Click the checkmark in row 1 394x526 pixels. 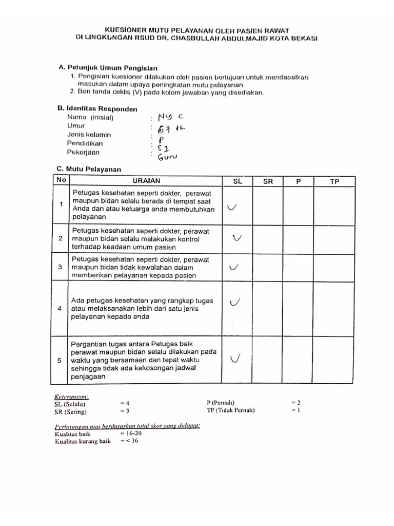(232, 208)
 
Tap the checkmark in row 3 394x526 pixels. (234, 267)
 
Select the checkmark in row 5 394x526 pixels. (236, 359)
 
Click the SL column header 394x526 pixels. (237, 181)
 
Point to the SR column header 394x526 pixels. (268, 181)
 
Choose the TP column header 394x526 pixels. (334, 181)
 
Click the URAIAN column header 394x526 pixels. (146, 181)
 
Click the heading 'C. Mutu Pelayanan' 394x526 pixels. (89, 169)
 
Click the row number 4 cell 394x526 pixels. (60, 309)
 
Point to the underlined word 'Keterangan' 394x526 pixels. (72, 396)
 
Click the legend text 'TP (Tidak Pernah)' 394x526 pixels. (230, 410)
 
